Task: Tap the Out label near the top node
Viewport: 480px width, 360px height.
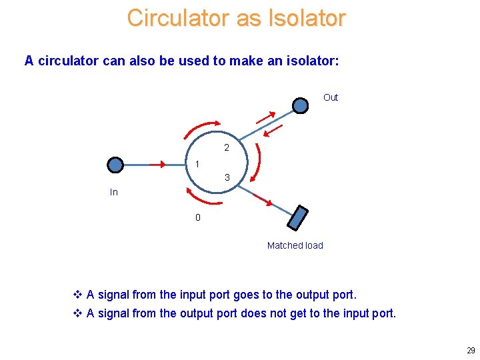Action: pos(331,97)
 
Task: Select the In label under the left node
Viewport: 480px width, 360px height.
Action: pos(114,192)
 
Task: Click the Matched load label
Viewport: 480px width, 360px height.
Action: pos(295,245)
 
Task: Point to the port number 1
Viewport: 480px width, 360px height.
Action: pos(197,164)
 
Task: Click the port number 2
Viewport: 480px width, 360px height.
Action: pos(227,147)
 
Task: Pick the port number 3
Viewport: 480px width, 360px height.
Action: pos(227,177)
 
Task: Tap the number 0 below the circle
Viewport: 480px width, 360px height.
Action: pos(197,217)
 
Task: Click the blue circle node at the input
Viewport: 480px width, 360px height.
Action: pos(116,165)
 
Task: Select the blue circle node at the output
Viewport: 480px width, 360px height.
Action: pos(301,105)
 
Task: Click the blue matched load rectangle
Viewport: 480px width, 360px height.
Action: pos(298,218)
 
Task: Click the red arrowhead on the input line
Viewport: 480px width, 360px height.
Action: pos(161,165)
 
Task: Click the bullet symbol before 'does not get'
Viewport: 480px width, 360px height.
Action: pos(77,313)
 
